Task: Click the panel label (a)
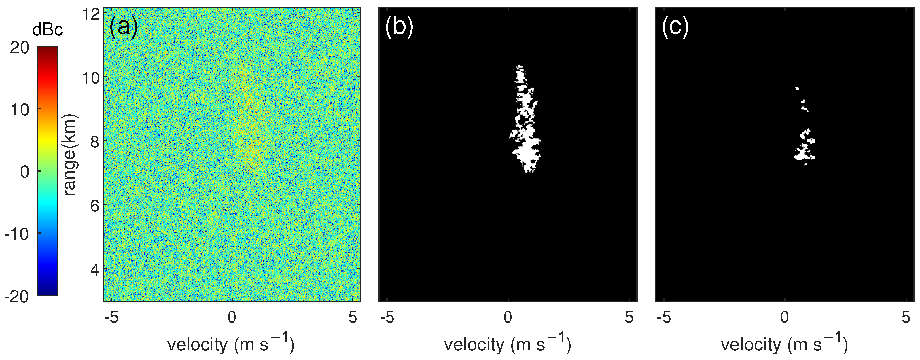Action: pos(124,27)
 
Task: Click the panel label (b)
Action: pos(399,27)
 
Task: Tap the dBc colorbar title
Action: pos(47,30)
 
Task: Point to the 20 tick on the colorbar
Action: pos(20,48)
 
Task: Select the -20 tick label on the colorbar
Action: pos(17,296)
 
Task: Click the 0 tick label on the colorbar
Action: pos(25,172)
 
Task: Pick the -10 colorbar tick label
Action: pos(17,234)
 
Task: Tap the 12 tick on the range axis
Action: pos(91,14)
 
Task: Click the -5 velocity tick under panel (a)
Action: pos(111,317)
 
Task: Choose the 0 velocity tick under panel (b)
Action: pos(508,317)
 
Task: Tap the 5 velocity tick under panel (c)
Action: pos(905,317)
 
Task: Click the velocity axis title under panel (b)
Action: pos(508,344)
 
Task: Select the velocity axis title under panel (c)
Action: pos(784,344)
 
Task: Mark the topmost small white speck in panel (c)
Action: pos(796,88)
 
